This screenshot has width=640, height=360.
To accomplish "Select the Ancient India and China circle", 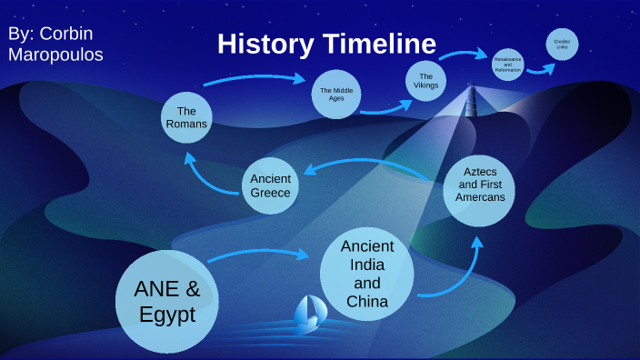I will [x=367, y=273].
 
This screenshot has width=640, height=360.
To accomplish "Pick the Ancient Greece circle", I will [x=271, y=185].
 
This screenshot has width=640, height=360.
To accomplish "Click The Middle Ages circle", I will [x=336, y=94].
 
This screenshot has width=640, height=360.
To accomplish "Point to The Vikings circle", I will [x=427, y=80].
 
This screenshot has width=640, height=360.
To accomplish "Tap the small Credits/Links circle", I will [x=561, y=45].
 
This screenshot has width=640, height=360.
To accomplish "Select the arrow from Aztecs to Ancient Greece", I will [x=373, y=165].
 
